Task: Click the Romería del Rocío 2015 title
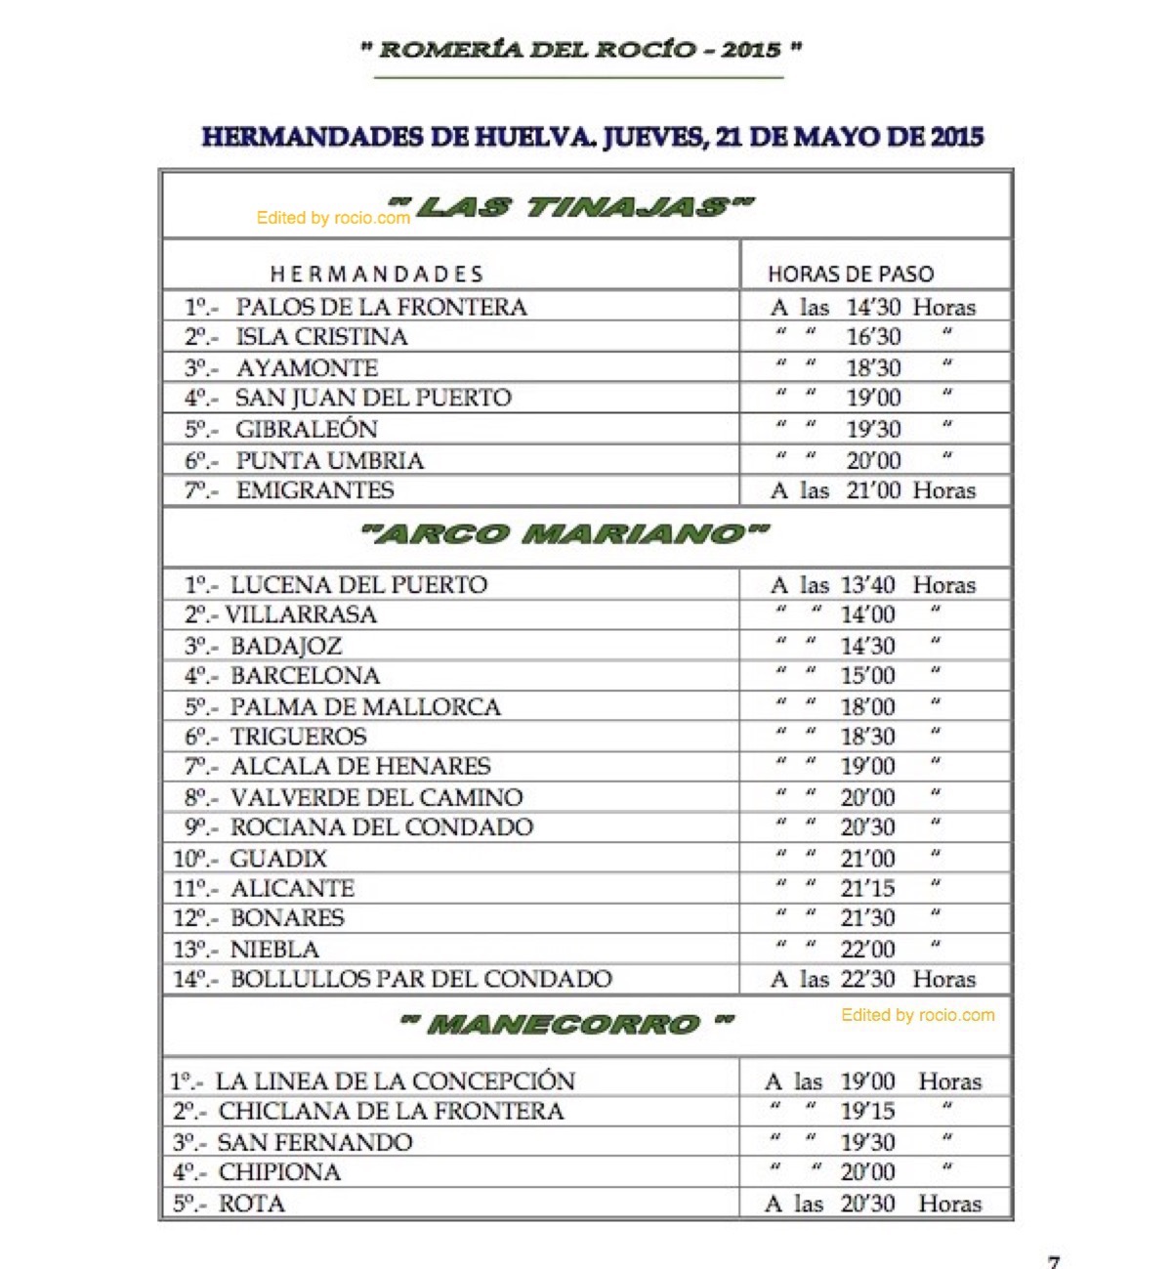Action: pyautogui.click(x=582, y=49)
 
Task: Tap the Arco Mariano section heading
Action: pyautogui.click(x=565, y=533)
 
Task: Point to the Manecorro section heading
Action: pyautogui.click(x=566, y=1024)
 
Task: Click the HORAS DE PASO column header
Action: pyautogui.click(x=851, y=274)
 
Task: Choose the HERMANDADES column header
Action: pyautogui.click(x=377, y=274)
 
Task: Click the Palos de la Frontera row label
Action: pyautogui.click(x=381, y=307)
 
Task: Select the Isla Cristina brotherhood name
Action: pyautogui.click(x=321, y=337)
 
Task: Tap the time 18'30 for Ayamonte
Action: pyautogui.click(x=873, y=368)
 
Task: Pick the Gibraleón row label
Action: pyautogui.click(x=306, y=429)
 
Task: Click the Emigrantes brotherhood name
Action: pyautogui.click(x=314, y=490)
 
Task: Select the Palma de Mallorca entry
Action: pyautogui.click(x=365, y=707)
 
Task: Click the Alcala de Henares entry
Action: pyautogui.click(x=360, y=767)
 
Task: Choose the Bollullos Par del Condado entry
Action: pyautogui.click(x=421, y=979)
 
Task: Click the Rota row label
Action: pyautogui.click(x=251, y=1204)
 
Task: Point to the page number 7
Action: pyautogui.click(x=1054, y=1261)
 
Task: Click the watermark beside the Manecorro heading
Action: pyautogui.click(x=918, y=1015)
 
